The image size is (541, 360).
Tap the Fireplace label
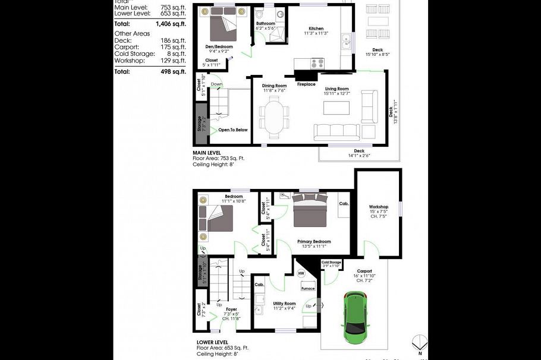(306, 84)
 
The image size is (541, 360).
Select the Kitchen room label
(316, 29)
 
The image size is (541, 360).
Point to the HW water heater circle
(301, 274)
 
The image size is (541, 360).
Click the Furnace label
(307, 289)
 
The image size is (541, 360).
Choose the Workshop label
(378, 207)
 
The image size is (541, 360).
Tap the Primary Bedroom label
(313, 242)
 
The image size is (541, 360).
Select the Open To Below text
(232, 130)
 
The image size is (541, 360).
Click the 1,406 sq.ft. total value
(171, 24)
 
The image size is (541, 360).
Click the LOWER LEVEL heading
(212, 343)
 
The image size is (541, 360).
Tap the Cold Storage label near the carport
(331, 262)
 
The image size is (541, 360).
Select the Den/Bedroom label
(219, 46)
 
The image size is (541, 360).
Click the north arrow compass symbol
(420, 343)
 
